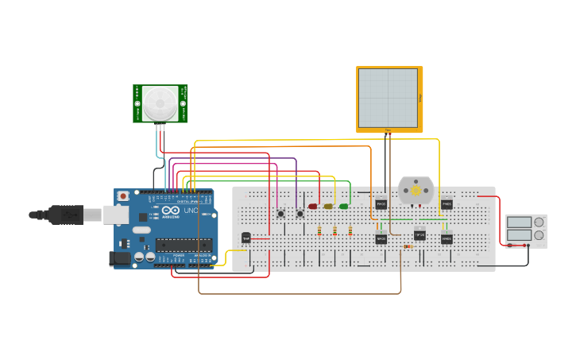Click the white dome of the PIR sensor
click(160, 103)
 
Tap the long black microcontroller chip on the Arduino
click(184, 245)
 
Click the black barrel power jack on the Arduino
click(118, 257)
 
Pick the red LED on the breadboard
click(312, 207)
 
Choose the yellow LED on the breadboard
click(328, 207)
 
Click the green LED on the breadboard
click(344, 207)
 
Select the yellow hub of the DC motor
click(416, 192)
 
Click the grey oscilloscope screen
click(388, 97)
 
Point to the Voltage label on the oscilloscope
click(420, 98)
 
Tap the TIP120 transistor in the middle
click(419, 235)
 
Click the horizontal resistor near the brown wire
click(408, 246)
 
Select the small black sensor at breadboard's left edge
click(246, 237)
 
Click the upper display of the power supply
click(519, 223)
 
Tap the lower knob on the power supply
click(539, 235)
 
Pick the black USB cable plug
click(64, 214)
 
